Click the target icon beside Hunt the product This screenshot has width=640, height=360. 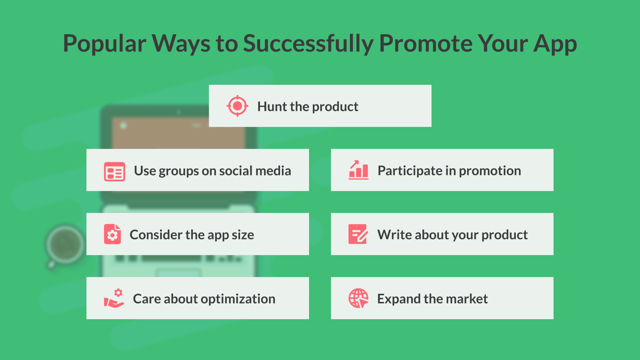[x=237, y=106]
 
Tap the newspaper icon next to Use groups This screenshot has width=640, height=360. [x=114, y=172]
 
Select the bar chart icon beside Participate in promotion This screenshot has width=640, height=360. [x=358, y=170]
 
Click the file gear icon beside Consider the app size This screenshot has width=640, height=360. [x=112, y=234]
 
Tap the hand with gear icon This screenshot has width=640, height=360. [x=114, y=298]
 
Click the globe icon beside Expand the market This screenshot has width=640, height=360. [x=358, y=298]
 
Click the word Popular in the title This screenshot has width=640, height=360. [x=104, y=44]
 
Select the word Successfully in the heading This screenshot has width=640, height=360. [x=308, y=44]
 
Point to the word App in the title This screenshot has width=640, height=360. [x=555, y=44]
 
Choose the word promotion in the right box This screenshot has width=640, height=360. [x=490, y=171]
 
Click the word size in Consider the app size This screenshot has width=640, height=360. [x=243, y=235]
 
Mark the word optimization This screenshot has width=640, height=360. [x=238, y=299]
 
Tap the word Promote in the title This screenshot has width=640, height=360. [x=425, y=44]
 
